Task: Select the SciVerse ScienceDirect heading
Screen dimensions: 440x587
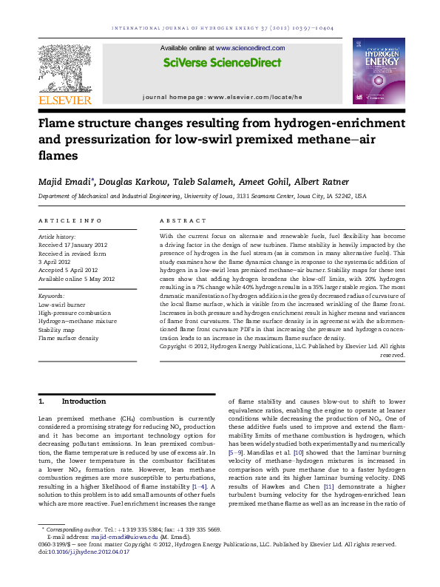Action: coord(220,64)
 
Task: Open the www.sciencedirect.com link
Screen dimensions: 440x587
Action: coord(244,47)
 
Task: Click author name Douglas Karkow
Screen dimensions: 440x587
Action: coord(112,183)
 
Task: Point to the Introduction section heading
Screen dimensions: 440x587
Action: coord(73,401)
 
